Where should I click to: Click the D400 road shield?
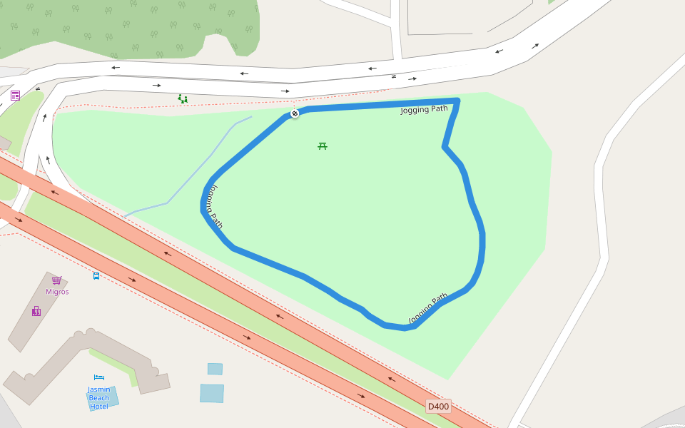click(438, 407)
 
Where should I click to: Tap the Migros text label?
click(57, 292)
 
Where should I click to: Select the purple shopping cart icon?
click(56, 280)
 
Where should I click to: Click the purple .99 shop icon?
click(36, 311)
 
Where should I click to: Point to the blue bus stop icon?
click(96, 275)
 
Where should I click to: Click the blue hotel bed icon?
click(98, 377)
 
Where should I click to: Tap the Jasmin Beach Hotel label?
click(99, 397)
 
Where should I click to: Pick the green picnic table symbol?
click(323, 146)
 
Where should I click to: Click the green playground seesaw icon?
click(183, 99)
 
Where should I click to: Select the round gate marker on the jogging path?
click(294, 113)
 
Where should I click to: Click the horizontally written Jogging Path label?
click(424, 109)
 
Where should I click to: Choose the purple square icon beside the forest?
click(15, 96)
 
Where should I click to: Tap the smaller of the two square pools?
click(215, 369)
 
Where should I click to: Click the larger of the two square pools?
click(212, 393)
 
